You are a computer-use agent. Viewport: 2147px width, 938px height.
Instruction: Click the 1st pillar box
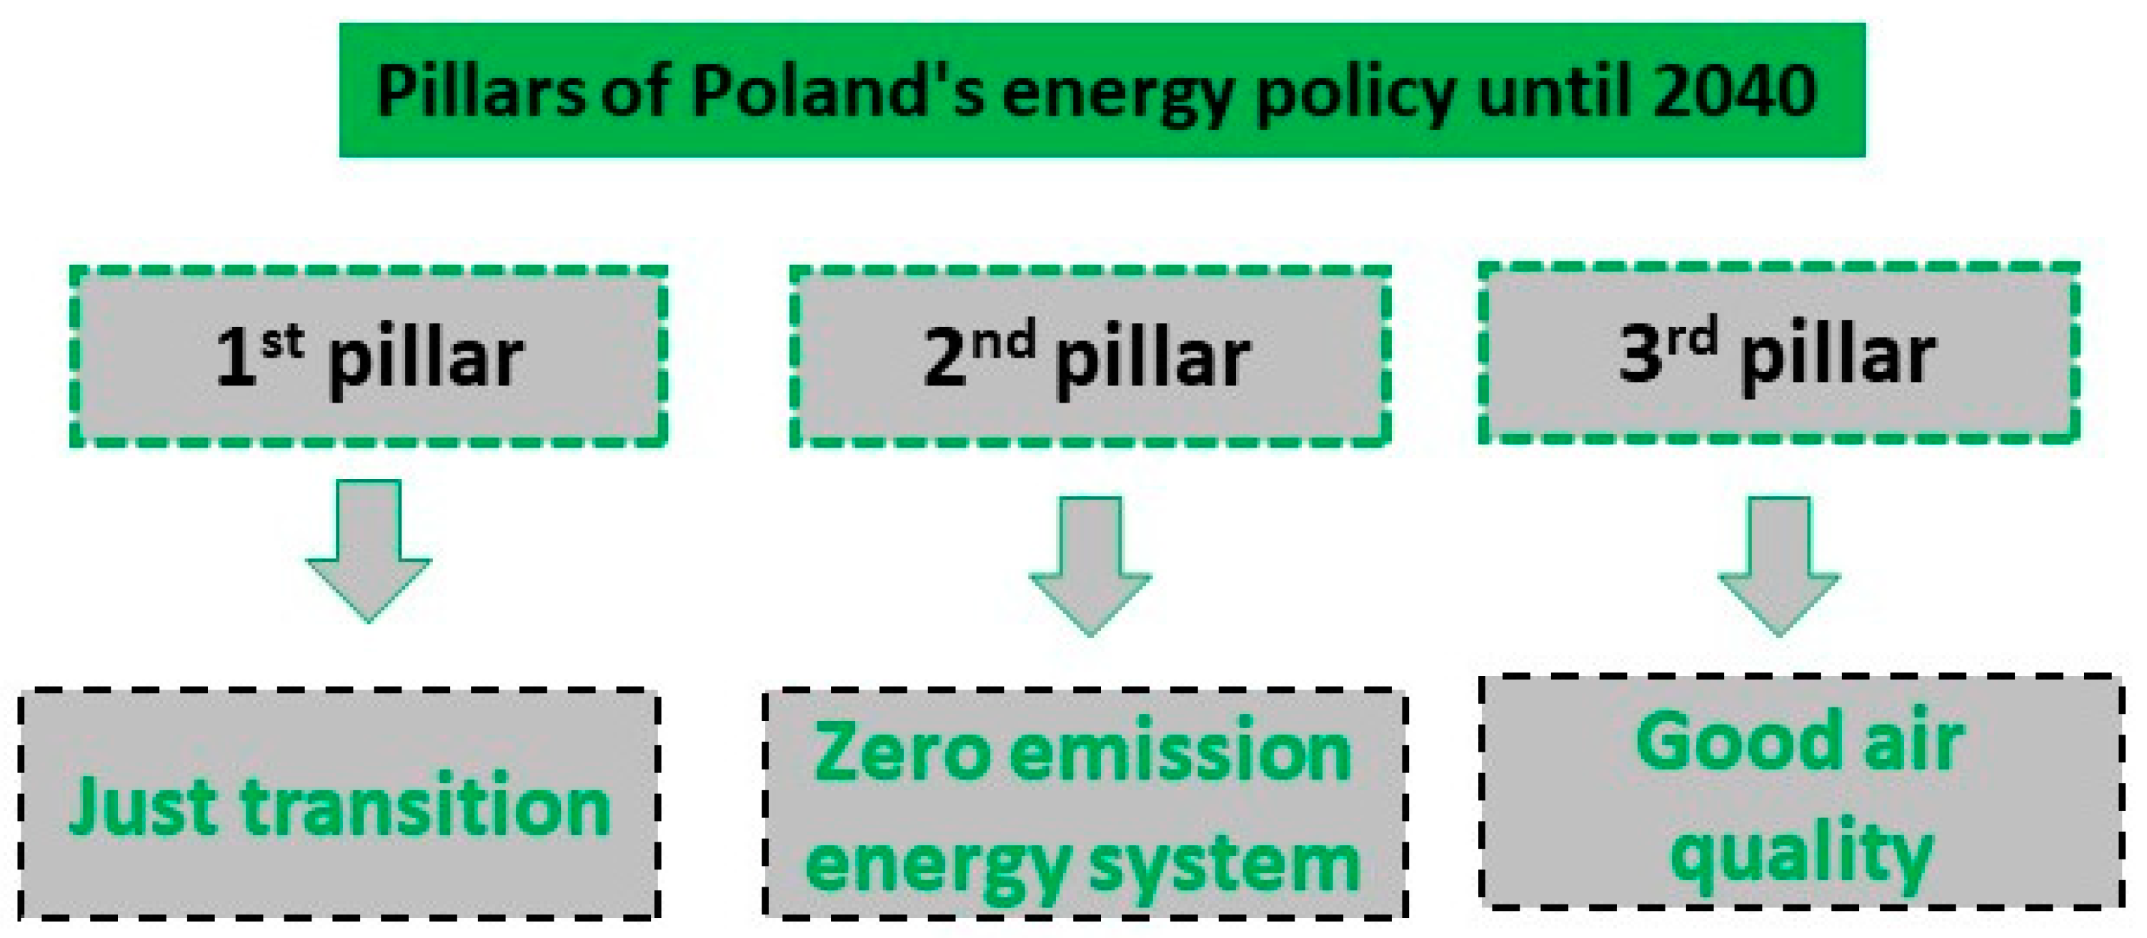coord(369,356)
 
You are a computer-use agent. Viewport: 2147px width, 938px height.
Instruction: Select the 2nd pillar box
coord(1090,356)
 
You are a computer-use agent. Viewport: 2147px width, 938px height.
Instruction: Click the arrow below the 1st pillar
coord(369,550)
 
